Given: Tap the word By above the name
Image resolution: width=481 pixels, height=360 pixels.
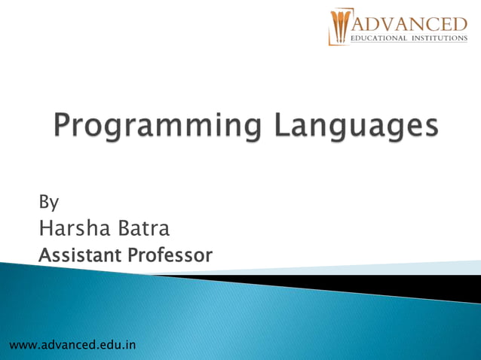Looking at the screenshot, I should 48,202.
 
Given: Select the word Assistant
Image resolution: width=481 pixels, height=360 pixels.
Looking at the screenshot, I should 80,255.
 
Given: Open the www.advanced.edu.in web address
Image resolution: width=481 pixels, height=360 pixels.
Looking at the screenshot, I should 72,345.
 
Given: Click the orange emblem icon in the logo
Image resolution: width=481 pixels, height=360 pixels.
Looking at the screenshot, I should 339,28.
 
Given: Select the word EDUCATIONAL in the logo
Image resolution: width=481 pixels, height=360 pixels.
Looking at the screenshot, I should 380,38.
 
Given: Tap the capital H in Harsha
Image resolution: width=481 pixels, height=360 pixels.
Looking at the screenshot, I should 44,228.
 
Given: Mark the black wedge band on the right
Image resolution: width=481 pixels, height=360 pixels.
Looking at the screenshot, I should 422,286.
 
